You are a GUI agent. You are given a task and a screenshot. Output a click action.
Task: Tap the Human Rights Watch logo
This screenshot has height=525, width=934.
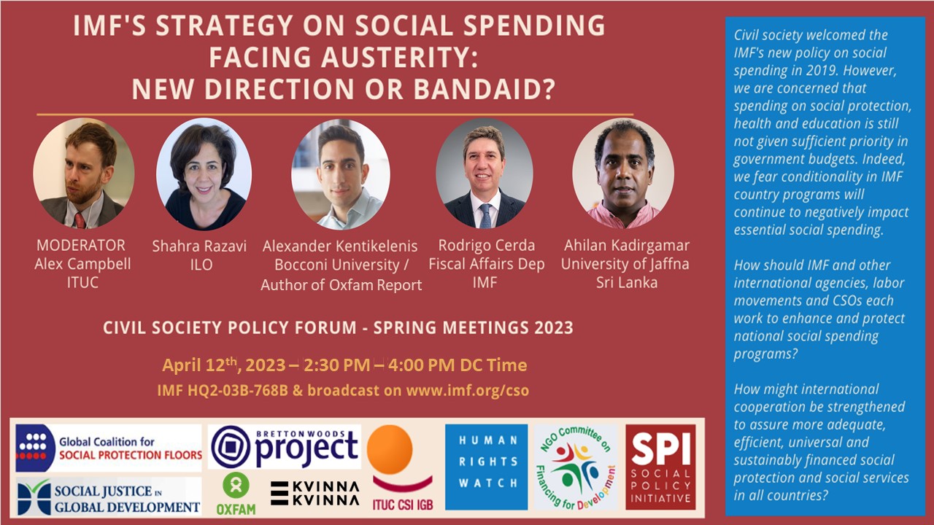point(487,467)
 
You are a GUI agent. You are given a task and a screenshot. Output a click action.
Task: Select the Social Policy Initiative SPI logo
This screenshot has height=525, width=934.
point(660,467)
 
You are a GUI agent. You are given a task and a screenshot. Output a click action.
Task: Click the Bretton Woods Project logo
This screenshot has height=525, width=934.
point(285,447)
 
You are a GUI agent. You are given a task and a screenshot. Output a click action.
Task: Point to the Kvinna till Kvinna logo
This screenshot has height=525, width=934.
point(314,494)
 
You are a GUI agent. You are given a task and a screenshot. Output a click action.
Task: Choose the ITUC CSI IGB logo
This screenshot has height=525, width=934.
point(402,468)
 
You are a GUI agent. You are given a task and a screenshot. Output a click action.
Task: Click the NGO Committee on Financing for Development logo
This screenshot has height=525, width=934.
point(576,467)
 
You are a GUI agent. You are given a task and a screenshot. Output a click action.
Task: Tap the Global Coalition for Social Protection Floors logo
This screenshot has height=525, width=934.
point(109,448)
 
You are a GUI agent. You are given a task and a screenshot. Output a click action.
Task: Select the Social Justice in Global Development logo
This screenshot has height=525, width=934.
point(109,497)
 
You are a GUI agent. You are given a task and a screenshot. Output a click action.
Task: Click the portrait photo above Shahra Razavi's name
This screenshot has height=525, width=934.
point(204,174)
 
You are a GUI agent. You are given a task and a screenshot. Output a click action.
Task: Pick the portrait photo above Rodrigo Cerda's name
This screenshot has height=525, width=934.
point(484,174)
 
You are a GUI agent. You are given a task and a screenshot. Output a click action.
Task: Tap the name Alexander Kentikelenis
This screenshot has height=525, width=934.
point(340,246)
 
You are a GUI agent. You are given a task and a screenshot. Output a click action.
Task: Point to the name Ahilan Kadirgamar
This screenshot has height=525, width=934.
point(627,246)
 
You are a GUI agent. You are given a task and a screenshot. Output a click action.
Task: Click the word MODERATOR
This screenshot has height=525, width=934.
point(81,246)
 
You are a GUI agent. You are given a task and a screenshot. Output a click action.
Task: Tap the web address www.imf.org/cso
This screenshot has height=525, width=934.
point(468,390)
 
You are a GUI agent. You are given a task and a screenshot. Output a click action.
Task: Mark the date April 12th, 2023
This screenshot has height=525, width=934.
point(223,365)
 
